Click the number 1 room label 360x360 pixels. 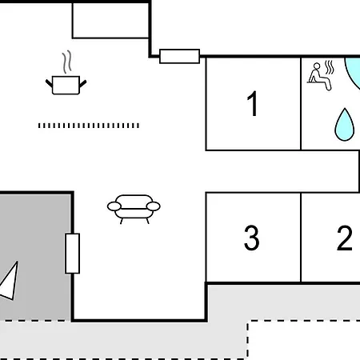(x=252, y=104)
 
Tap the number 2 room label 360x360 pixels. (x=345, y=238)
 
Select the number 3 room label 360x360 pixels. (x=251, y=238)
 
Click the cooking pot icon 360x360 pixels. (x=66, y=85)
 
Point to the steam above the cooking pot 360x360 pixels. (x=67, y=62)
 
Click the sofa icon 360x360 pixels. (x=134, y=209)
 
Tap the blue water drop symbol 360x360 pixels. (x=345, y=125)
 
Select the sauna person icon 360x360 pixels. (x=319, y=77)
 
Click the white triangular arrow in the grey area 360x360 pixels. (x=10, y=282)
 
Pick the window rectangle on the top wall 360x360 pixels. (x=179, y=56)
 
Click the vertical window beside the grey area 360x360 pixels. (x=73, y=254)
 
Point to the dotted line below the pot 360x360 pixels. (x=89, y=126)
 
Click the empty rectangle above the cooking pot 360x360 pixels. (x=110, y=21)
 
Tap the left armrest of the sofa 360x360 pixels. (x=114, y=206)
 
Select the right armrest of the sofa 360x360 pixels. (x=154, y=206)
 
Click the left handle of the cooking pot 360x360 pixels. (x=49, y=83)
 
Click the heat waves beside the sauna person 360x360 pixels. (x=330, y=67)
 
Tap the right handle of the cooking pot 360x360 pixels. (x=82, y=83)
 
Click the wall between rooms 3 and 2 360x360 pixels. (x=301, y=238)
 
